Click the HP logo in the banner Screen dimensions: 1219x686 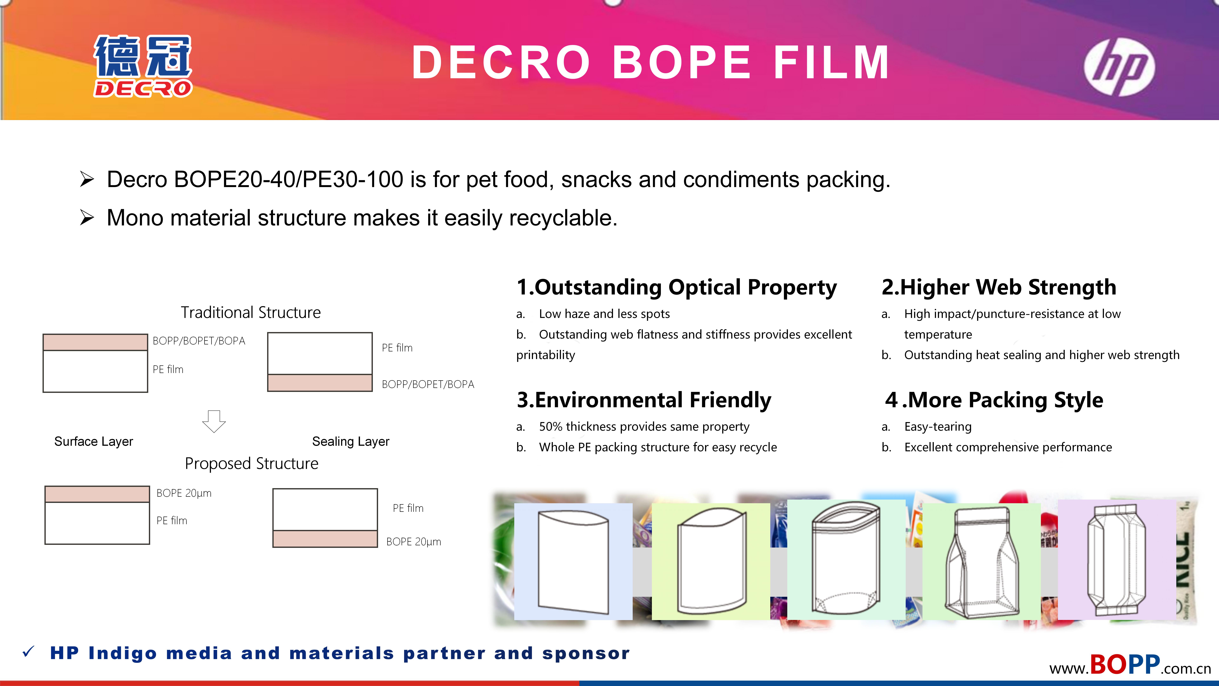click(x=1119, y=67)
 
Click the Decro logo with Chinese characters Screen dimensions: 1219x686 click(x=143, y=66)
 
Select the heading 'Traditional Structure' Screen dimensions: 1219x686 click(x=251, y=313)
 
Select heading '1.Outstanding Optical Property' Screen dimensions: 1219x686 click(x=677, y=287)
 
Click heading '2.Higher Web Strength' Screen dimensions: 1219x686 click(x=999, y=287)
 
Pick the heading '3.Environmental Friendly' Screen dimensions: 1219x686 click(x=644, y=400)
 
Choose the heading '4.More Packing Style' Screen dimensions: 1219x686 click(x=994, y=400)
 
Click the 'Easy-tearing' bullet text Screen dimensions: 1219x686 click(x=938, y=427)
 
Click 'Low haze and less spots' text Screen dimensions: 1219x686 click(x=604, y=314)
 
